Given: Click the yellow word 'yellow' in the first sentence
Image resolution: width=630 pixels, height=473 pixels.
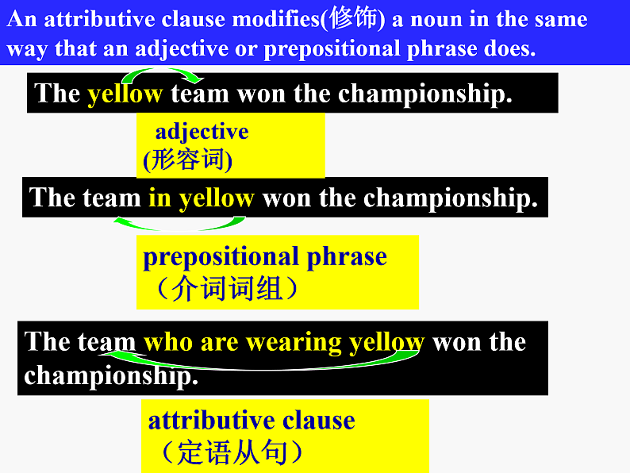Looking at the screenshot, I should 125,94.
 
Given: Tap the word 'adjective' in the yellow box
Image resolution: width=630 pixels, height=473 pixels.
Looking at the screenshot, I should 202,131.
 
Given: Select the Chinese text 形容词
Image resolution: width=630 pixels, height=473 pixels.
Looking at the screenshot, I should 189,160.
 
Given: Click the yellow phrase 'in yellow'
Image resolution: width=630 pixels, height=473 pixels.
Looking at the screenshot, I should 201,198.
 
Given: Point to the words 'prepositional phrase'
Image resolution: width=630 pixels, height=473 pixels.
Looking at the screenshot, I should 265,256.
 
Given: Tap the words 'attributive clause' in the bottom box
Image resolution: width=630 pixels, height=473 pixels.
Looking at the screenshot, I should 252,420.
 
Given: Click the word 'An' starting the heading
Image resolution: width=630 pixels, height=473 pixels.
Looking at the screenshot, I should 21,19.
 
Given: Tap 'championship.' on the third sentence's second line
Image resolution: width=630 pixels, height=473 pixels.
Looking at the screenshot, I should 110,375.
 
